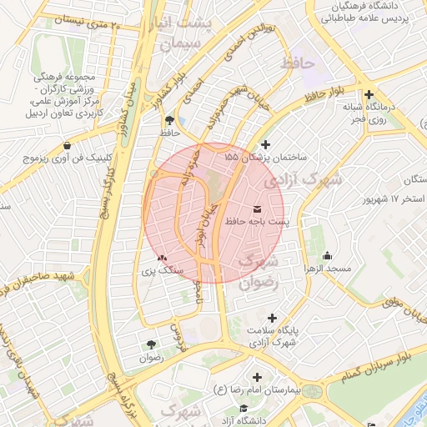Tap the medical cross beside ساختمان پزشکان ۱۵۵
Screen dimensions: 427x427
(266, 144)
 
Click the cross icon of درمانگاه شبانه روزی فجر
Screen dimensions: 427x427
(369, 95)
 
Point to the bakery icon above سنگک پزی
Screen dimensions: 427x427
(162, 259)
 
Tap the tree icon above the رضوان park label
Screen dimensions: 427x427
(151, 344)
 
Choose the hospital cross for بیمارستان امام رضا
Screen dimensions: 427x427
(257, 377)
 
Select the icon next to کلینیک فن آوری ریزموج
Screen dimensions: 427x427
(67, 145)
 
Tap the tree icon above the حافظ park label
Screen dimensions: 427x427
(171, 119)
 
